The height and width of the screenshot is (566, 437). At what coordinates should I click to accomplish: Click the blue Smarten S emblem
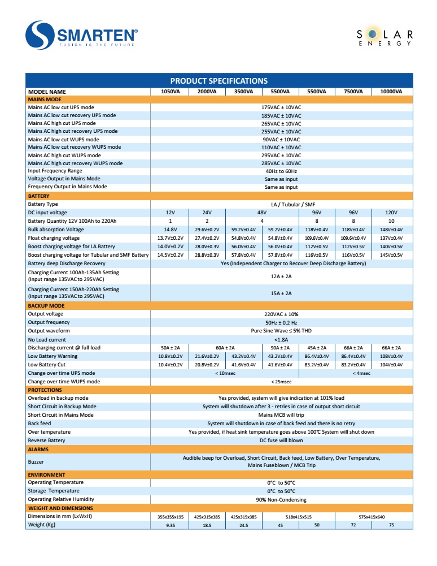pyautogui.click(x=41, y=35)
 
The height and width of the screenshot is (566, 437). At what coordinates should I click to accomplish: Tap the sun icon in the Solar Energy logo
pyautogui.click(x=374, y=34)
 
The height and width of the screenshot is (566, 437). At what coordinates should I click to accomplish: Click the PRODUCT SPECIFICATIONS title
pyautogui.click(x=219, y=81)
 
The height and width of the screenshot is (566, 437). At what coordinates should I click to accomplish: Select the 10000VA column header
pyautogui.click(x=391, y=92)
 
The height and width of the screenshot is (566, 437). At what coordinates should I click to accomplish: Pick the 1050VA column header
pyautogui.click(x=171, y=92)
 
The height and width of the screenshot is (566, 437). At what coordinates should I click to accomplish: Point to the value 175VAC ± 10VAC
pyautogui.click(x=281, y=107)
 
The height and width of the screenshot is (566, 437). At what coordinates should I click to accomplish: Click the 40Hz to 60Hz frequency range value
pyautogui.click(x=281, y=171)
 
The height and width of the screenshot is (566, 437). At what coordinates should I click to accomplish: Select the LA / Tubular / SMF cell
pyautogui.click(x=281, y=204)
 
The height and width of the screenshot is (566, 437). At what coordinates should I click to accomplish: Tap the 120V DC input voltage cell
pyautogui.click(x=391, y=213)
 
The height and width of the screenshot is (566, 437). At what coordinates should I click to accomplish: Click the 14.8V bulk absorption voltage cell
pyautogui.click(x=171, y=230)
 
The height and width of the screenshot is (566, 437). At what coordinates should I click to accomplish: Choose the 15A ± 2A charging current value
pyautogui.click(x=281, y=293)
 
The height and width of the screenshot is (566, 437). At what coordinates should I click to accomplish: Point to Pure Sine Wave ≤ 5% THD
pyautogui.click(x=281, y=331)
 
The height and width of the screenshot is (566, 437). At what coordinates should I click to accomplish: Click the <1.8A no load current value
pyautogui.click(x=281, y=339)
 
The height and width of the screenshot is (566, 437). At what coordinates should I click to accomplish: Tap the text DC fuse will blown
pyautogui.click(x=281, y=440)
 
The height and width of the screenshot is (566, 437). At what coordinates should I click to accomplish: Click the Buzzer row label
pyautogui.click(x=36, y=462)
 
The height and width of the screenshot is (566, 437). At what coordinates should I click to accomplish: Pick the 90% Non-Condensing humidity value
pyautogui.click(x=281, y=500)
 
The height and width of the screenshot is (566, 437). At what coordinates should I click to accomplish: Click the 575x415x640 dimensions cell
pyautogui.click(x=372, y=517)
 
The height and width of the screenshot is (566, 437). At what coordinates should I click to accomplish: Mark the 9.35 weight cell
pyautogui.click(x=171, y=525)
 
